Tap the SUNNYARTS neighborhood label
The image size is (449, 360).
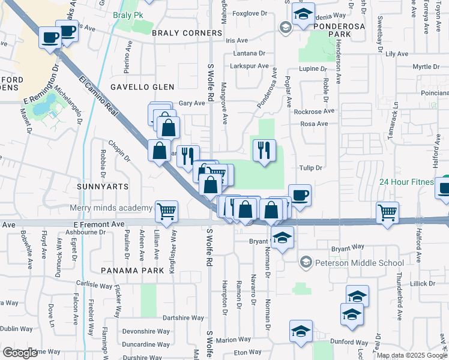(103, 187)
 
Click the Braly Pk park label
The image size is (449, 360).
(128, 14)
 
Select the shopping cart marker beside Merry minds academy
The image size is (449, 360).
(166, 211)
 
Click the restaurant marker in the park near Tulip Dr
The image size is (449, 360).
(264, 149)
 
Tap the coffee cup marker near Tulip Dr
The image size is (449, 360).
(300, 194)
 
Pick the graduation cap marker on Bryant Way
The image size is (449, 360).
(282, 237)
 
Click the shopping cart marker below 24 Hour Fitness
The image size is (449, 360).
(388, 211)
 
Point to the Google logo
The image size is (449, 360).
(20, 352)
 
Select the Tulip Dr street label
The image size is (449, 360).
(311, 168)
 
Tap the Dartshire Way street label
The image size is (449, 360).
(184, 318)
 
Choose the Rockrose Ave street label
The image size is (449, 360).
(313, 111)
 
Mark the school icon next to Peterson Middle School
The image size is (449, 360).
(306, 262)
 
